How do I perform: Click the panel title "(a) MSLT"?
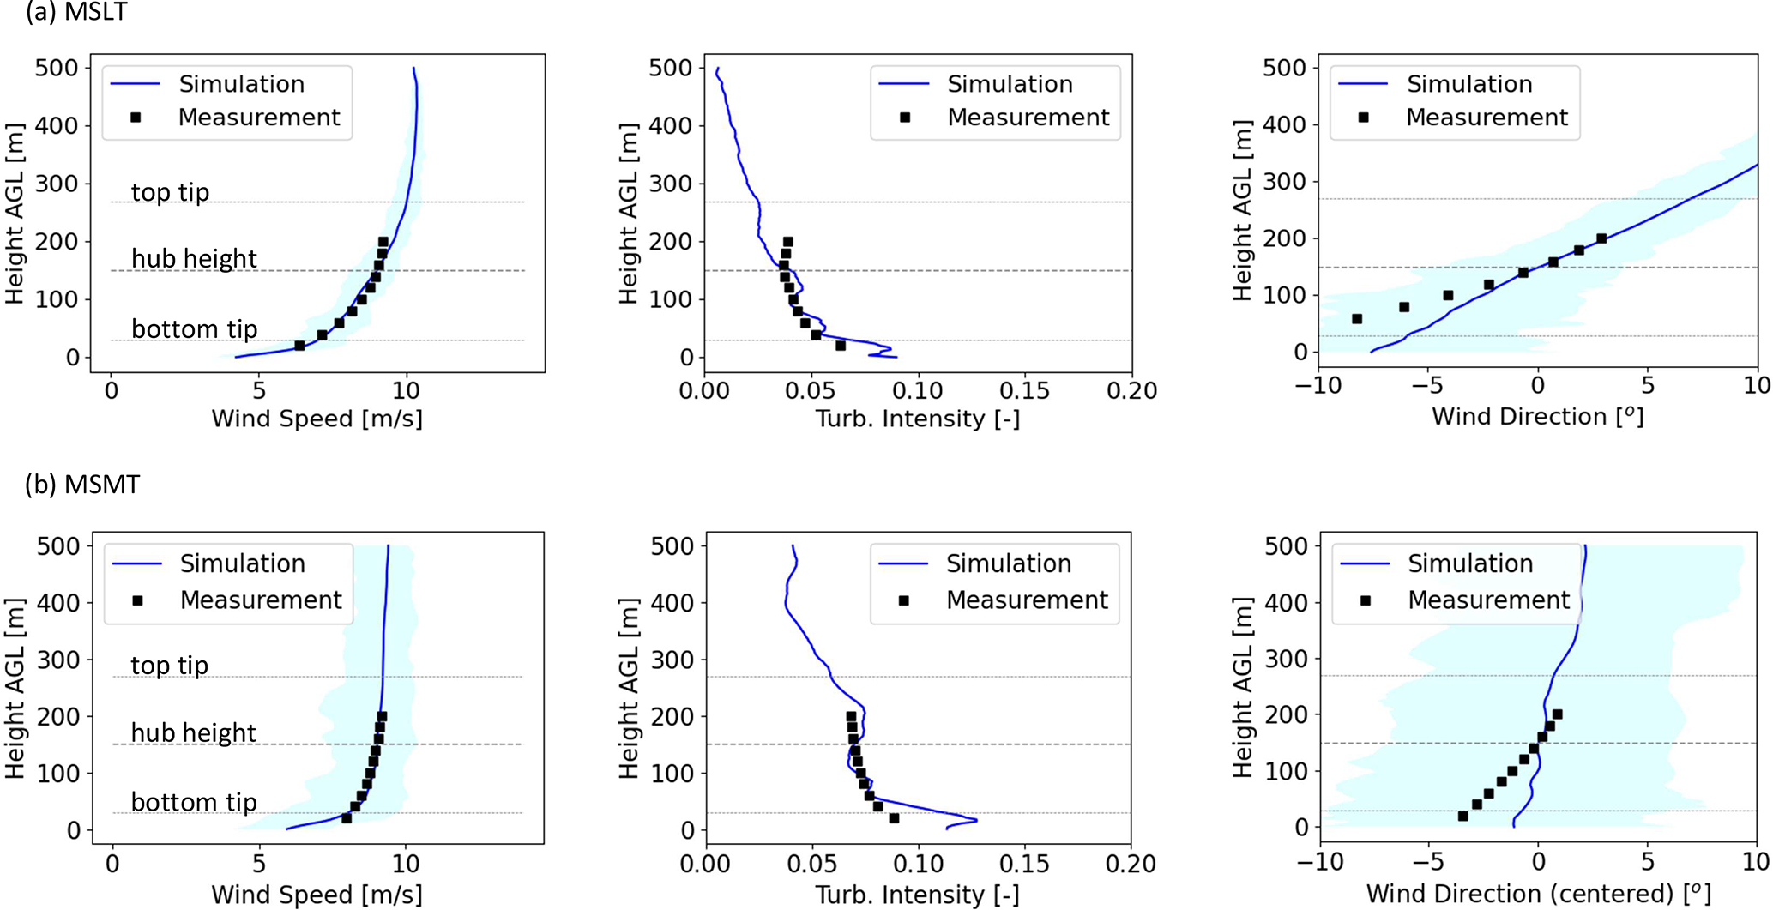click(x=77, y=12)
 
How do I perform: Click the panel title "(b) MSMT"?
click(x=82, y=485)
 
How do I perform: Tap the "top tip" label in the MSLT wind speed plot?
click(x=170, y=192)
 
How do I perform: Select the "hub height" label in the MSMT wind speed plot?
click(x=193, y=732)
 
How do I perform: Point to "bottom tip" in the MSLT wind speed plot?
click(x=194, y=328)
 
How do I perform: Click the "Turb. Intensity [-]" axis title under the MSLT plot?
click(x=917, y=419)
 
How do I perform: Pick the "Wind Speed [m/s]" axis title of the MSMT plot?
click(x=317, y=895)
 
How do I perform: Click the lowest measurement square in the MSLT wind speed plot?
click(x=300, y=346)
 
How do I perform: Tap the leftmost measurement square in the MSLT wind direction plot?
click(x=1357, y=319)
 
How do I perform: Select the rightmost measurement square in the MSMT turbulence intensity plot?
click(x=894, y=818)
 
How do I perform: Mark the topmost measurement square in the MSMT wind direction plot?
click(x=1558, y=714)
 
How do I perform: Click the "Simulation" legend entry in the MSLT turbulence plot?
click(x=1010, y=84)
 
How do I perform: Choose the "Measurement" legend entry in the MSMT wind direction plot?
click(x=1488, y=600)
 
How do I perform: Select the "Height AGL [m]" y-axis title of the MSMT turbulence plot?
click(x=629, y=688)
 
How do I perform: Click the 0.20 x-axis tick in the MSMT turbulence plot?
click(x=1131, y=863)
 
